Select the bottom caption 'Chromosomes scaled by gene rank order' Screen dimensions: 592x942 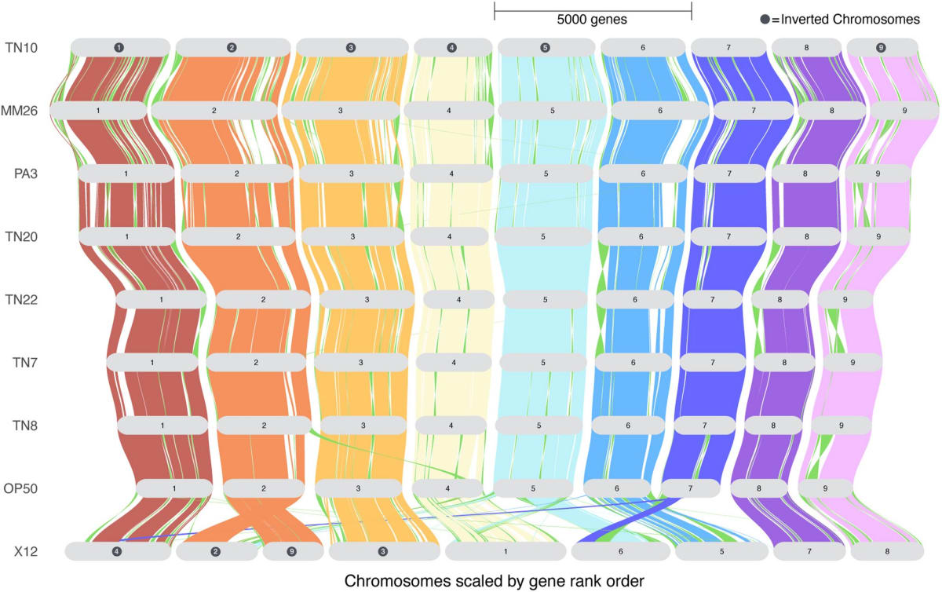coord(494,580)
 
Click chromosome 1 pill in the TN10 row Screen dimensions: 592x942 coord(119,48)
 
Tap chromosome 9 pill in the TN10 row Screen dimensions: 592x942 coord(882,48)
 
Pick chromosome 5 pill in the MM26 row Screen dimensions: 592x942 coord(553,111)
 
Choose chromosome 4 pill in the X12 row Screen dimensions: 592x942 coord(117,552)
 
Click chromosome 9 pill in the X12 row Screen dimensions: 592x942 coord(292,552)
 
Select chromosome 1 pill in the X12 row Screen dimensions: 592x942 coord(505,552)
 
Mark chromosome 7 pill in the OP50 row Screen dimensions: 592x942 coord(690,488)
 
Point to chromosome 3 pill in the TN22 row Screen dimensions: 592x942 coord(367,300)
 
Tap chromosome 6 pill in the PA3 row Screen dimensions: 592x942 coord(642,174)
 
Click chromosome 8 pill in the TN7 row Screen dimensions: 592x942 coord(783,363)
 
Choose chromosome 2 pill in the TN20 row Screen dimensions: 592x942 coord(238,236)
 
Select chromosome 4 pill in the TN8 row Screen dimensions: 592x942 coord(451,426)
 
